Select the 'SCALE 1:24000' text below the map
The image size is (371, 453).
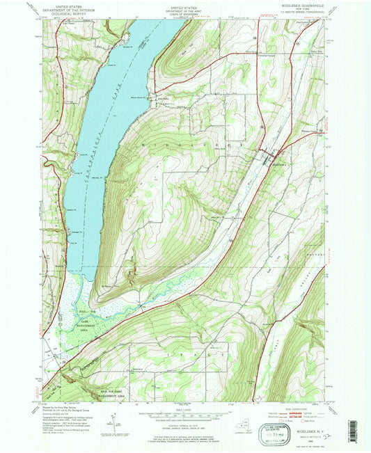click(x=184, y=408)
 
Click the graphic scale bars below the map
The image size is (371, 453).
click(x=184, y=416)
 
